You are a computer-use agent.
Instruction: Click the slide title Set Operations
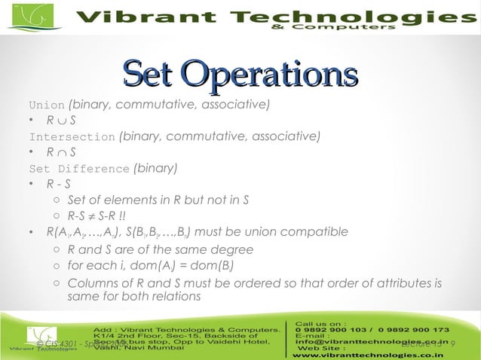[x=240, y=73]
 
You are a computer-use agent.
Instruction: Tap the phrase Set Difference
[x=79, y=169]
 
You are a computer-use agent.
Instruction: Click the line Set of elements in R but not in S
[x=158, y=200]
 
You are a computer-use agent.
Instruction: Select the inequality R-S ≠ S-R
[x=98, y=216]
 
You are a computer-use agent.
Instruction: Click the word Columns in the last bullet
[x=91, y=283]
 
